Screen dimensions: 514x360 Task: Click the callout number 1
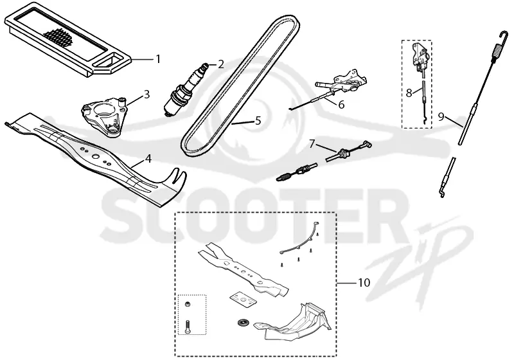(x=158, y=59)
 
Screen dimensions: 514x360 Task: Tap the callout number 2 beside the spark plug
(x=221, y=64)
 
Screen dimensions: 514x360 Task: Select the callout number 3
(x=146, y=94)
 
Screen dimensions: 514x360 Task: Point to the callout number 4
(x=148, y=159)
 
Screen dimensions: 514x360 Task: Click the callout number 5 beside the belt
(x=258, y=121)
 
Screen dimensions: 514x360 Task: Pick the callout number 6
(x=341, y=105)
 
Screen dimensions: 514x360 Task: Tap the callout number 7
(x=312, y=143)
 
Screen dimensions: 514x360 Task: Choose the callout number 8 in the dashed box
(x=409, y=93)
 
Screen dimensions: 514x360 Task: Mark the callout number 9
(x=441, y=117)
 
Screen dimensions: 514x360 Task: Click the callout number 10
(x=364, y=282)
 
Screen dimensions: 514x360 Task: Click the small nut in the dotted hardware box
(x=188, y=304)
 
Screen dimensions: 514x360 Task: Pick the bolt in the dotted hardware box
(x=188, y=327)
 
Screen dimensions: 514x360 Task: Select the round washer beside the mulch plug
(x=243, y=322)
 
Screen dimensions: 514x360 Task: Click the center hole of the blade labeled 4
(x=95, y=157)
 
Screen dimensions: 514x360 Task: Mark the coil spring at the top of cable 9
(x=497, y=53)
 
